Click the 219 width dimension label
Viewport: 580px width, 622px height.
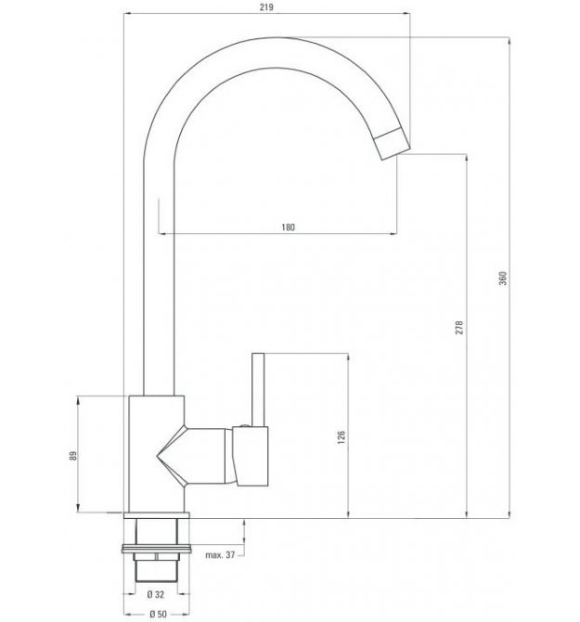(266, 7)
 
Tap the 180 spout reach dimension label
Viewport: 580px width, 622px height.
(289, 227)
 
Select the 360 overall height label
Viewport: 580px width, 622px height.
(503, 279)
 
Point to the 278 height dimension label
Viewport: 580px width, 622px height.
(459, 328)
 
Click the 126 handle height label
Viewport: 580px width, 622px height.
(342, 436)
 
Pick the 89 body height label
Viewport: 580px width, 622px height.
(73, 456)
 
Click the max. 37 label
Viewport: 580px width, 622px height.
(220, 555)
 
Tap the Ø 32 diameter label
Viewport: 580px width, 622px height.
(155, 594)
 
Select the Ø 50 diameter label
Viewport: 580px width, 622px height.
(158, 614)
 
